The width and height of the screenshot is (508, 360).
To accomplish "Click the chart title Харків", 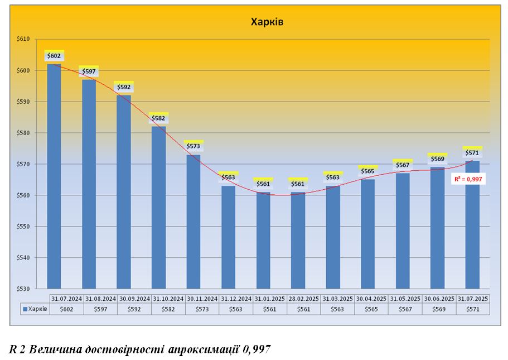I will pos(267,22).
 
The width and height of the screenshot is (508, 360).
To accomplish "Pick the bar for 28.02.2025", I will pos(298,240).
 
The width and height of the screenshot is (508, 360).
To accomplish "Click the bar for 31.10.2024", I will pos(158,207).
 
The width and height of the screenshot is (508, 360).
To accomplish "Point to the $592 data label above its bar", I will pos(123,87).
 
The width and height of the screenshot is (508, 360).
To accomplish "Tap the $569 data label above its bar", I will pos(438,159).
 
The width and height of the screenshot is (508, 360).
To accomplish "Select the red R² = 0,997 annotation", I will pos(467,179).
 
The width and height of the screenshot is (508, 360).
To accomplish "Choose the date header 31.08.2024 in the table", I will pos(100,299).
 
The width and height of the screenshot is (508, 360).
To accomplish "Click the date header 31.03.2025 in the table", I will pos(337,299).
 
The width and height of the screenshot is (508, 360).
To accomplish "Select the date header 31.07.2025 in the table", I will pos(472,299).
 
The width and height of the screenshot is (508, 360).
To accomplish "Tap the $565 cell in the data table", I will pos(371,309).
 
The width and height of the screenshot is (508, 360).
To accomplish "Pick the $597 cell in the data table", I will pos(100,309).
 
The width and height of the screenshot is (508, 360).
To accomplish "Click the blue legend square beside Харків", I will pos(25,309).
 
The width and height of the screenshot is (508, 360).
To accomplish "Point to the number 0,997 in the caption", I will pos(256,350).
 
